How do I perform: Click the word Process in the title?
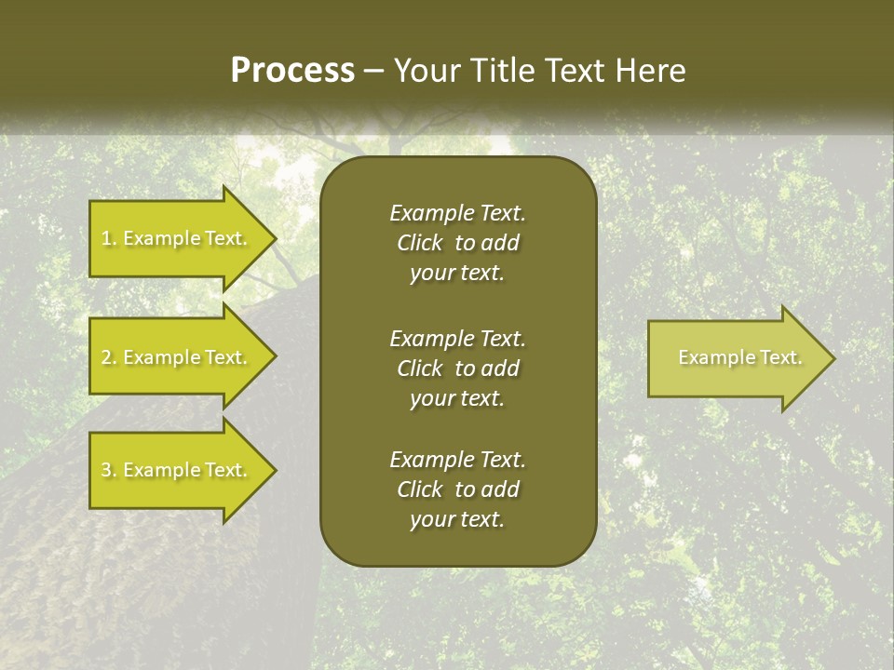point(292,71)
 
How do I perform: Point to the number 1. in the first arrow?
point(109,238)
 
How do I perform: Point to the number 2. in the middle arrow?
point(109,357)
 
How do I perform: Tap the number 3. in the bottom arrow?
point(109,470)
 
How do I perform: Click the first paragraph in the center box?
point(457,243)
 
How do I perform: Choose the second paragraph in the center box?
point(457,368)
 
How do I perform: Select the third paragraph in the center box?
point(457,489)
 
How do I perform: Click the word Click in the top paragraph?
point(419,243)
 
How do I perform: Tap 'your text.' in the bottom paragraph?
point(457,520)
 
